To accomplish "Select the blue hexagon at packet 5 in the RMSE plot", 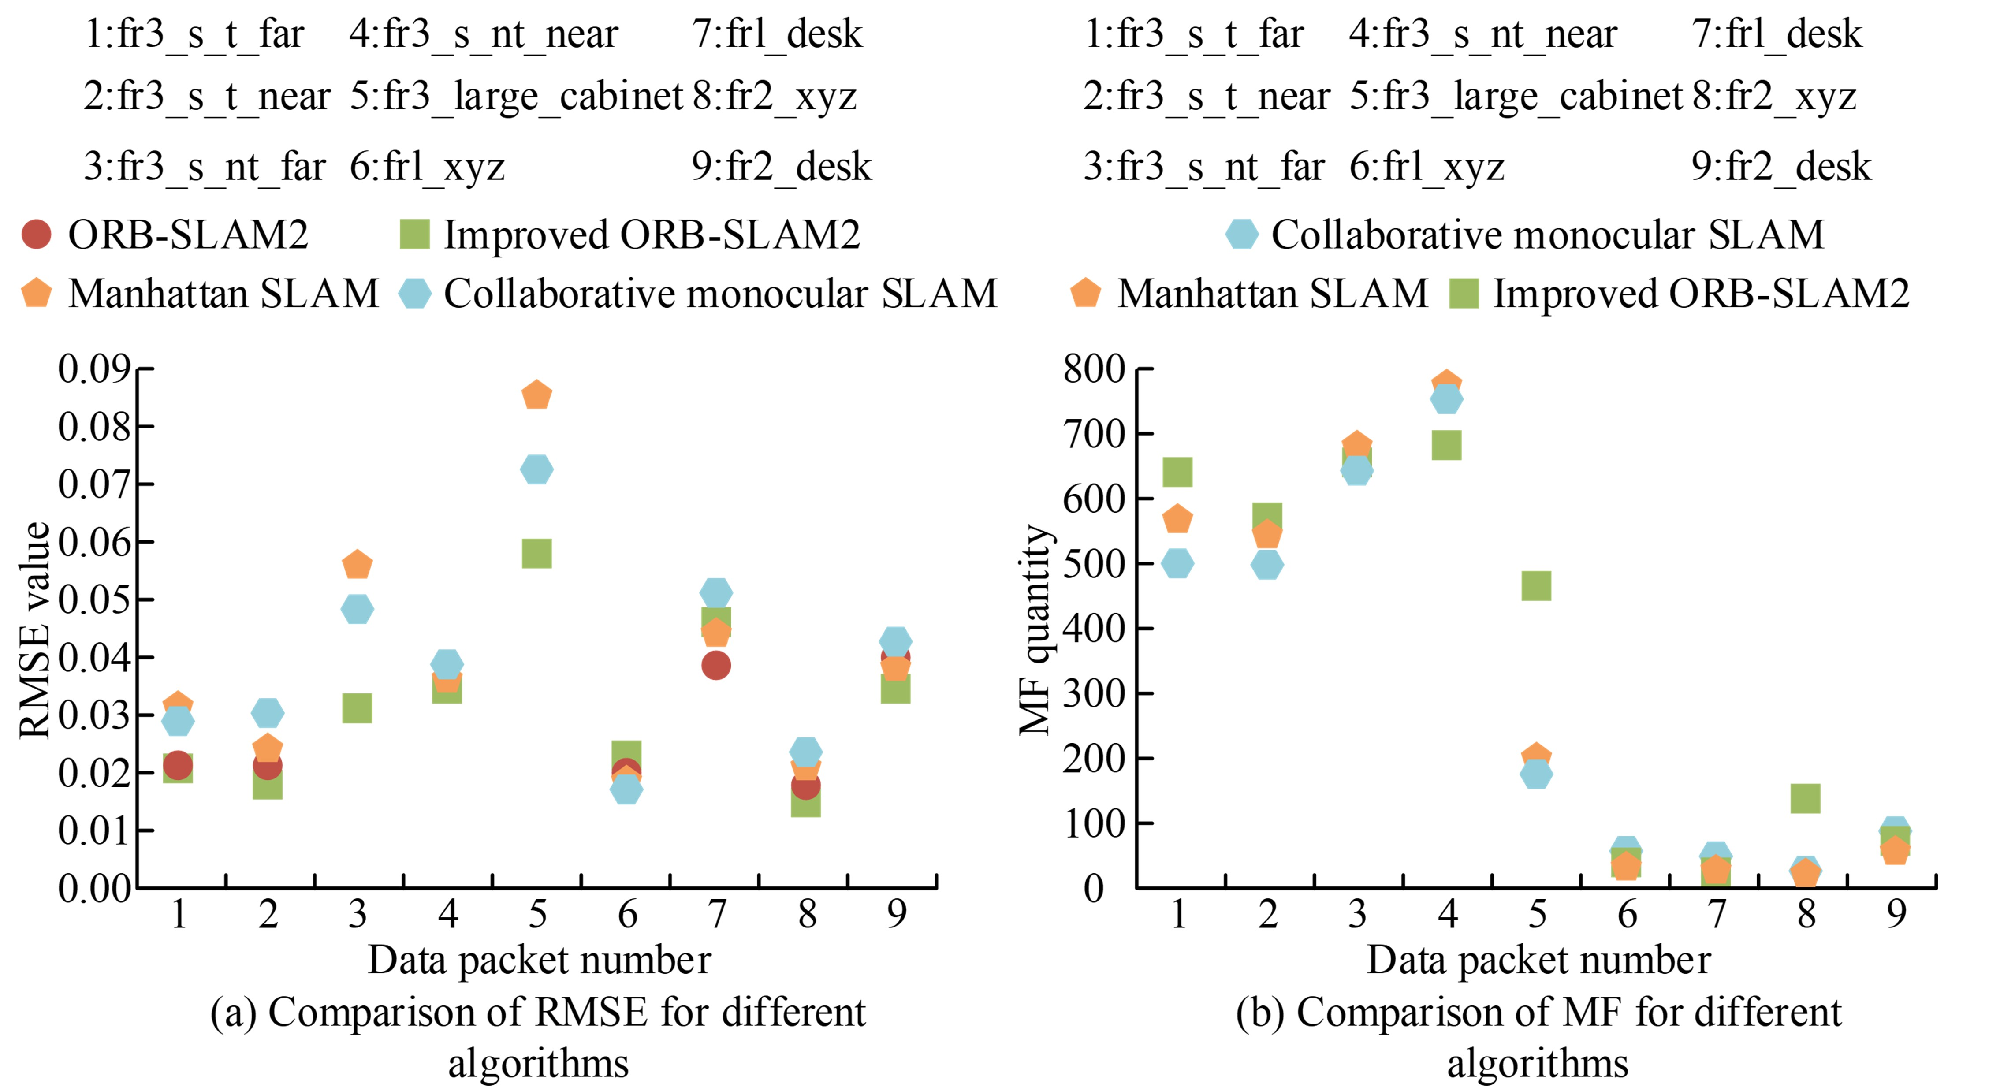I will (536, 469).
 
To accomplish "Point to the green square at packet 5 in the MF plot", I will (1536, 586).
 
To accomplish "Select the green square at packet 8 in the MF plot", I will (1805, 798).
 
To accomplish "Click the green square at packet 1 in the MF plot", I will (1177, 472).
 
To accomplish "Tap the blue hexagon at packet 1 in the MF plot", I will (1177, 563).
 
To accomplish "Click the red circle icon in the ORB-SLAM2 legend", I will (36, 234).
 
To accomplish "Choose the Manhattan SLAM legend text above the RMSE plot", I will (223, 294).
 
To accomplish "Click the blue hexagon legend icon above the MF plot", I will (1242, 234).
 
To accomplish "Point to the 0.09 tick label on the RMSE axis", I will (94, 369).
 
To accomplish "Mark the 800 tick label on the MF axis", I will (1094, 369).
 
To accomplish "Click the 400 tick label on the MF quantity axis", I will (1094, 628).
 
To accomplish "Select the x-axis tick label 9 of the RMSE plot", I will (897, 913).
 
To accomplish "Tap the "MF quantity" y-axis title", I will (1035, 629).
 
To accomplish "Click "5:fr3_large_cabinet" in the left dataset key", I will (516, 96).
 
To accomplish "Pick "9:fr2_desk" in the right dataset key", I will (1781, 167).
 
